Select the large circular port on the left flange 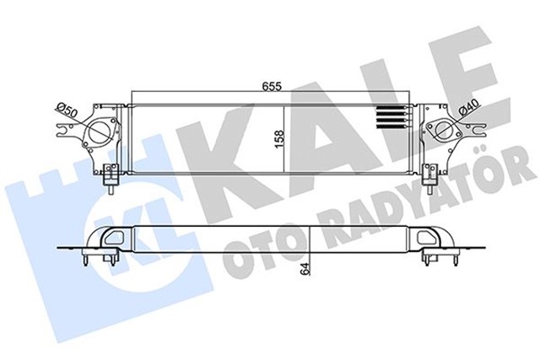[100, 133]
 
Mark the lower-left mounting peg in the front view [110, 178]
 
